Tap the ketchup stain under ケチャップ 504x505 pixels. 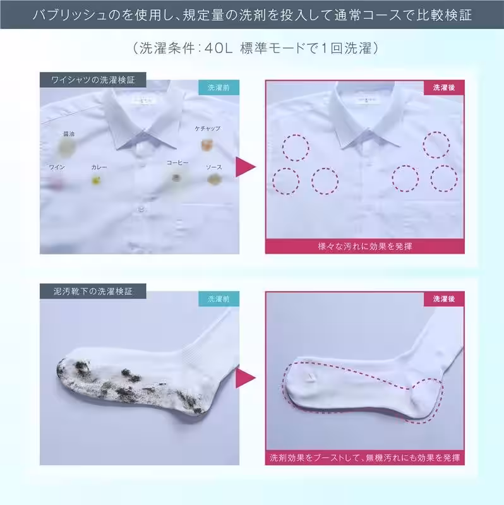206,145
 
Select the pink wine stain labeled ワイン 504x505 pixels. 56,182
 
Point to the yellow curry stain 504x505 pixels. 97,182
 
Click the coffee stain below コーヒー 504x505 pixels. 176,179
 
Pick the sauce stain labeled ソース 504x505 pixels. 214,179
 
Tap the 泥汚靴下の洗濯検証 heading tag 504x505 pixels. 92,292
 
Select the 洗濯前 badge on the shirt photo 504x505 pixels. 219,87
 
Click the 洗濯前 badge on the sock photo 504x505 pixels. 219,299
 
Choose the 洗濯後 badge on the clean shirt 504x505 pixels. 443,88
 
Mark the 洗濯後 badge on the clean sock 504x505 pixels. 443,299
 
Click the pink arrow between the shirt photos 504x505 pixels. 249,167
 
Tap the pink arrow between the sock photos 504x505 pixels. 249,379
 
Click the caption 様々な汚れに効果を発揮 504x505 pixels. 365,246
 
